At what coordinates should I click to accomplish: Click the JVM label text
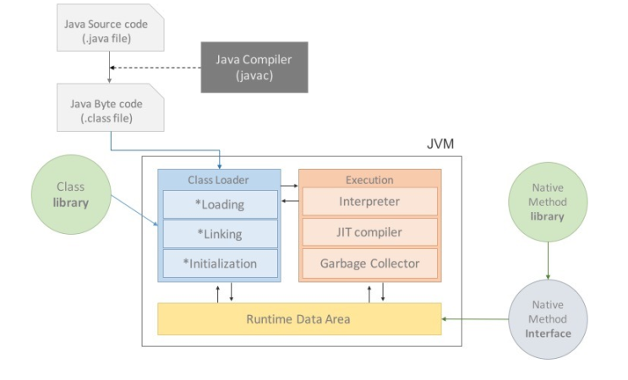pyautogui.click(x=440, y=144)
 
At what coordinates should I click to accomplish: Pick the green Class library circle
pyautogui.click(x=71, y=195)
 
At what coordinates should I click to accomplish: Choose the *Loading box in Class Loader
pyautogui.click(x=219, y=204)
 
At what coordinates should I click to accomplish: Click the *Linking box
pyautogui.click(x=219, y=234)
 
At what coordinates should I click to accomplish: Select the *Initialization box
pyautogui.click(x=219, y=263)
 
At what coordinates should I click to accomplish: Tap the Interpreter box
pyautogui.click(x=369, y=203)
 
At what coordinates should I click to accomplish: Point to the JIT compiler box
pyautogui.click(x=369, y=232)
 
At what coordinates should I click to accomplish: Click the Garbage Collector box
pyautogui.click(x=369, y=263)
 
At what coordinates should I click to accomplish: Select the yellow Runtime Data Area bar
pyautogui.click(x=298, y=319)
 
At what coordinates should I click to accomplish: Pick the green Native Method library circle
pyautogui.click(x=548, y=202)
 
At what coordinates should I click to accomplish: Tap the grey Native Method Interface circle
pyautogui.click(x=548, y=319)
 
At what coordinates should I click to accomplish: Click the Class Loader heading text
pyautogui.click(x=219, y=180)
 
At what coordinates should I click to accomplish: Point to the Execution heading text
pyautogui.click(x=369, y=180)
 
